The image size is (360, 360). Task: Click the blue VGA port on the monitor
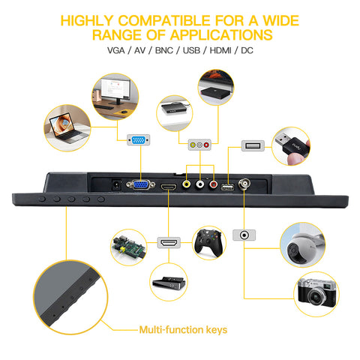[x=140, y=185]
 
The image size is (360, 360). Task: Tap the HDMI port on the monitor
[x=169, y=187]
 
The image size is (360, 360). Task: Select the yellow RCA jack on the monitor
[x=186, y=184]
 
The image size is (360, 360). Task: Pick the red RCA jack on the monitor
[x=213, y=184]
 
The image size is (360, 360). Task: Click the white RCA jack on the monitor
[x=199, y=184]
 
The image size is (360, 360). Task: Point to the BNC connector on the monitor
[x=244, y=184]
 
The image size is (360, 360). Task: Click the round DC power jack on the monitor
[x=116, y=185]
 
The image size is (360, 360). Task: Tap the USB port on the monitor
[x=227, y=187]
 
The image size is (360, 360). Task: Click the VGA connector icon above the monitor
[x=139, y=140]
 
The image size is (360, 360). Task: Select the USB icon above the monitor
[x=253, y=145]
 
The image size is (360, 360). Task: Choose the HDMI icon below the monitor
[x=169, y=242]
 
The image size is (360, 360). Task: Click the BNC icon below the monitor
[x=244, y=235]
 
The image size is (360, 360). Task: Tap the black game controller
[x=208, y=243]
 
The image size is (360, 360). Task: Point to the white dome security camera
[x=301, y=247]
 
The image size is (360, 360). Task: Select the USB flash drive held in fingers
[x=292, y=145]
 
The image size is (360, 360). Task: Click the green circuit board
[x=128, y=247]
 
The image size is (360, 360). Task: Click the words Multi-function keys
[x=183, y=330]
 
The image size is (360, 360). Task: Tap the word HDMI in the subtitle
[x=220, y=50]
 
